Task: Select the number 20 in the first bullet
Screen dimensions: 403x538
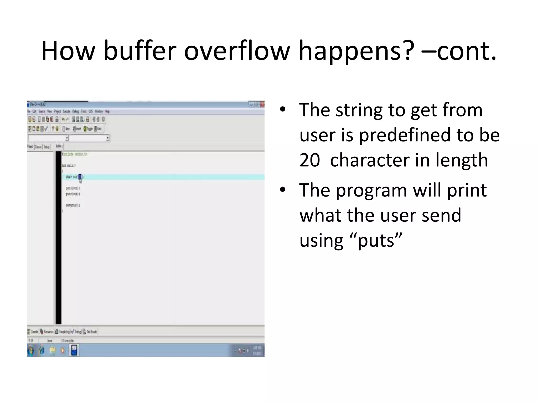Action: tap(310, 160)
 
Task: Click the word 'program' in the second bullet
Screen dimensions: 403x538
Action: tap(371, 190)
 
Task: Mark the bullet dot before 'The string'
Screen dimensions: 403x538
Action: tap(283, 110)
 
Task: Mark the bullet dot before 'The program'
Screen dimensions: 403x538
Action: tap(283, 190)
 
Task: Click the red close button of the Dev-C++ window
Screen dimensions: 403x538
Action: tap(262, 104)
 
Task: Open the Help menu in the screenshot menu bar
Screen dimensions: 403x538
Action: tap(107, 112)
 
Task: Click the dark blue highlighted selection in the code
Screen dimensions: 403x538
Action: tap(80, 177)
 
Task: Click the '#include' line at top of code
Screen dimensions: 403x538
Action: tap(75, 154)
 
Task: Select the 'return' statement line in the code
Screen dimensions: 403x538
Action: tap(73, 205)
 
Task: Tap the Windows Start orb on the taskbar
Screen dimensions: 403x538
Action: tap(31, 351)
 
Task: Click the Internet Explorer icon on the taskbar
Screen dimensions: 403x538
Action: tap(42, 351)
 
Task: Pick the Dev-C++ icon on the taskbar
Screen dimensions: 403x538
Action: tap(74, 351)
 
